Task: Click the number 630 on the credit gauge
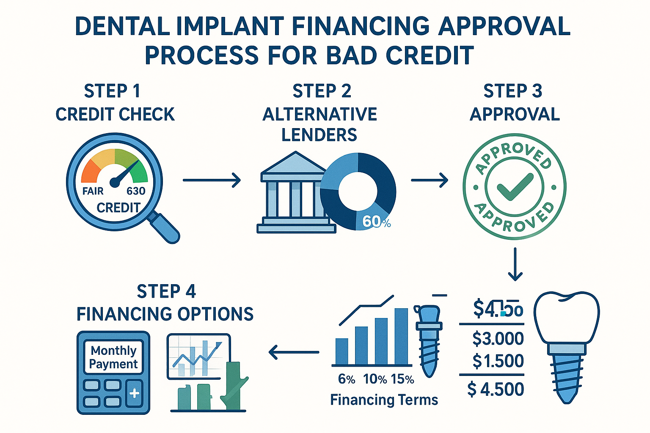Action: pyautogui.click(x=136, y=191)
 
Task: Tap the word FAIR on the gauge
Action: pyautogui.click(x=93, y=191)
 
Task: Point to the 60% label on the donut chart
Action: pyautogui.click(x=376, y=221)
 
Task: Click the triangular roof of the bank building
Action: pyautogui.click(x=293, y=164)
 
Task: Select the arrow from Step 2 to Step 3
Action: pyautogui.click(x=429, y=180)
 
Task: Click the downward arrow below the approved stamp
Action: pyautogui.click(x=515, y=264)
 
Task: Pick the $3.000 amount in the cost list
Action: pyautogui.click(x=498, y=339)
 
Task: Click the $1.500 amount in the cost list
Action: pyautogui.click(x=498, y=361)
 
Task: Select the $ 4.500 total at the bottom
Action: pyautogui.click(x=496, y=389)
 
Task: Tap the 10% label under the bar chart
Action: pyautogui.click(x=375, y=379)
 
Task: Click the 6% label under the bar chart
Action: pyautogui.click(x=347, y=379)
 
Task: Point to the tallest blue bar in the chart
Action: pyautogui.click(x=401, y=336)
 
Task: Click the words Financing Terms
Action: pyautogui.click(x=384, y=400)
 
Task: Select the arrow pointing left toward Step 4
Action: pyautogui.click(x=294, y=352)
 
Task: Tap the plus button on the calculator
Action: pyautogui.click(x=134, y=394)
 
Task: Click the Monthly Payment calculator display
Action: pyautogui.click(x=113, y=357)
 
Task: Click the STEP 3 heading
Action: pyautogui.click(x=512, y=91)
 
